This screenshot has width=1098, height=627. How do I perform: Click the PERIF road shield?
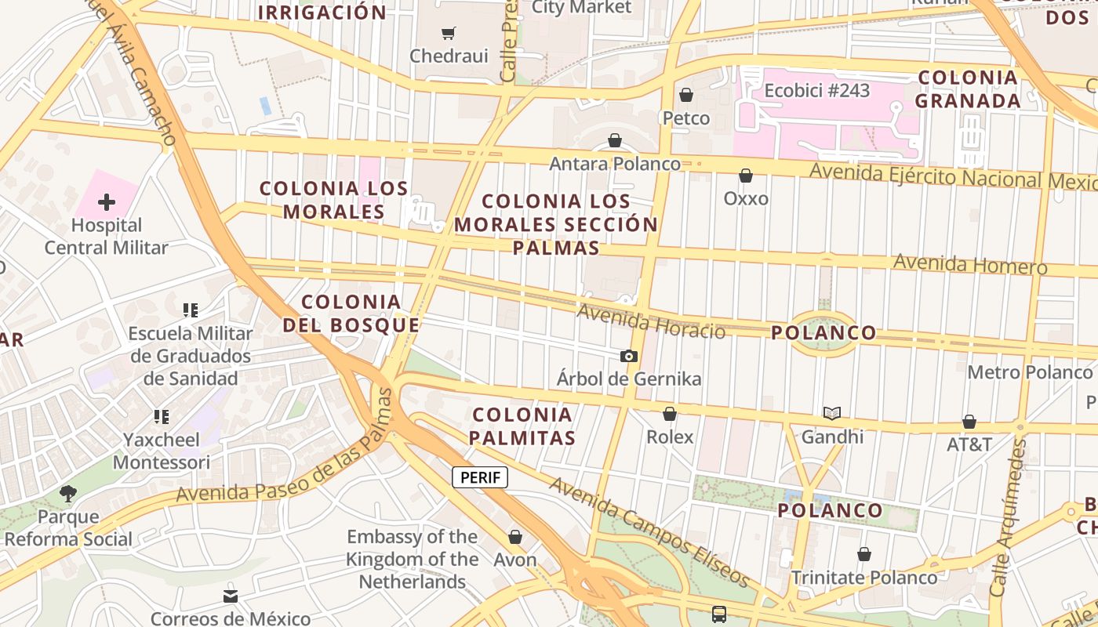click(x=480, y=477)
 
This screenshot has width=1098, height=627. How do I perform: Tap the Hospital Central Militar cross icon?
click(x=107, y=202)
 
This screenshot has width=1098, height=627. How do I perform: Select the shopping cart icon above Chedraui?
click(x=448, y=33)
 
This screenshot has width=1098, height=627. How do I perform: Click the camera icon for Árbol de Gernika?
click(x=628, y=356)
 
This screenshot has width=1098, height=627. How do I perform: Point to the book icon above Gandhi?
click(x=832, y=413)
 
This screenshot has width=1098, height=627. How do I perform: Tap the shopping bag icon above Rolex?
click(x=670, y=414)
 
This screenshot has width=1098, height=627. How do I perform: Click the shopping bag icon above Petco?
click(x=686, y=95)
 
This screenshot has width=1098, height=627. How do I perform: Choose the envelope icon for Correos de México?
click(x=231, y=596)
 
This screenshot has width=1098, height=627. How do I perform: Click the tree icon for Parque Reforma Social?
click(x=68, y=494)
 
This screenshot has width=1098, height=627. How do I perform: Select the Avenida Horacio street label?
click(x=651, y=321)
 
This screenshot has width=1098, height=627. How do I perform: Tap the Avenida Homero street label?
click(x=970, y=263)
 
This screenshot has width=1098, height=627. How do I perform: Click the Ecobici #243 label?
click(x=817, y=91)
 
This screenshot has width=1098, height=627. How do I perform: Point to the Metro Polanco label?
click(x=1030, y=371)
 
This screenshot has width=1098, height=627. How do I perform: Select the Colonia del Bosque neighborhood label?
click(x=351, y=313)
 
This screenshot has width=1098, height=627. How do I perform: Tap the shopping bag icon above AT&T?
click(x=969, y=422)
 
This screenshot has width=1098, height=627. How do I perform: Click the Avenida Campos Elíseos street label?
click(x=649, y=531)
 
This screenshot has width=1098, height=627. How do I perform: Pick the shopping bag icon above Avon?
click(x=515, y=537)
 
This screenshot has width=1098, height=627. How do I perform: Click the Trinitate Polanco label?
click(x=863, y=578)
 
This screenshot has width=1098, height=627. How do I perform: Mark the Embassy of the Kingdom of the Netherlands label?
click(x=413, y=559)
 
